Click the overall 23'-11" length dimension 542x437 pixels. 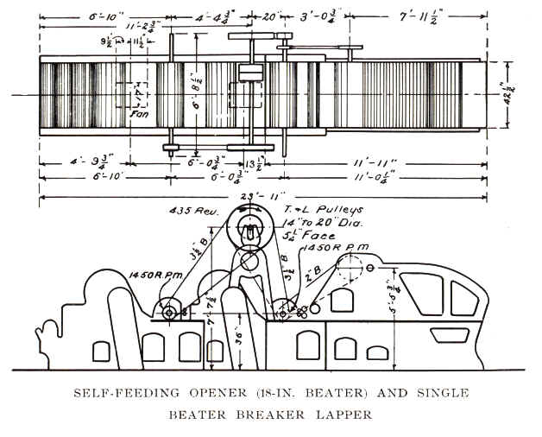[255, 196]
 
